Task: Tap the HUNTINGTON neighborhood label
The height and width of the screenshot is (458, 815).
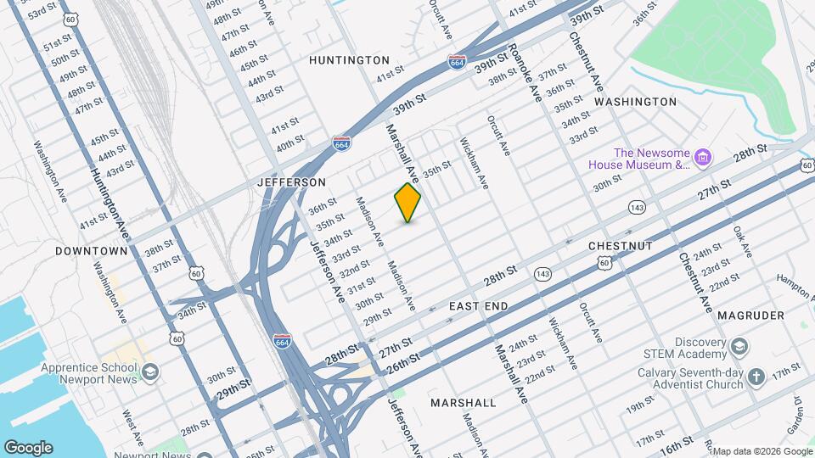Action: [x=349, y=60]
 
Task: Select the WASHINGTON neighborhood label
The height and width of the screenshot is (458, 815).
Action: [x=635, y=102]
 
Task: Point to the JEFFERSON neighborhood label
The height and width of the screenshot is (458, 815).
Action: [x=292, y=182]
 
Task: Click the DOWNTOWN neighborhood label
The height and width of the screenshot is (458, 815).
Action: [x=92, y=251]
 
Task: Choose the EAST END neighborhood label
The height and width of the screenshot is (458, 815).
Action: [x=479, y=305]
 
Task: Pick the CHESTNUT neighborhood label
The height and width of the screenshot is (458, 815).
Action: [x=621, y=246]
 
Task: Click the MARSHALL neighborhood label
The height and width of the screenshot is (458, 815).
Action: [x=463, y=402]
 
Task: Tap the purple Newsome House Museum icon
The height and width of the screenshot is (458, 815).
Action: [x=702, y=157]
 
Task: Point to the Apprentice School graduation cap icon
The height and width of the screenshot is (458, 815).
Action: [x=150, y=372]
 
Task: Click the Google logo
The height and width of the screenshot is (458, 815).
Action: [x=28, y=448]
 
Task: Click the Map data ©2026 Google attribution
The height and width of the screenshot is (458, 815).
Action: [x=762, y=451]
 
